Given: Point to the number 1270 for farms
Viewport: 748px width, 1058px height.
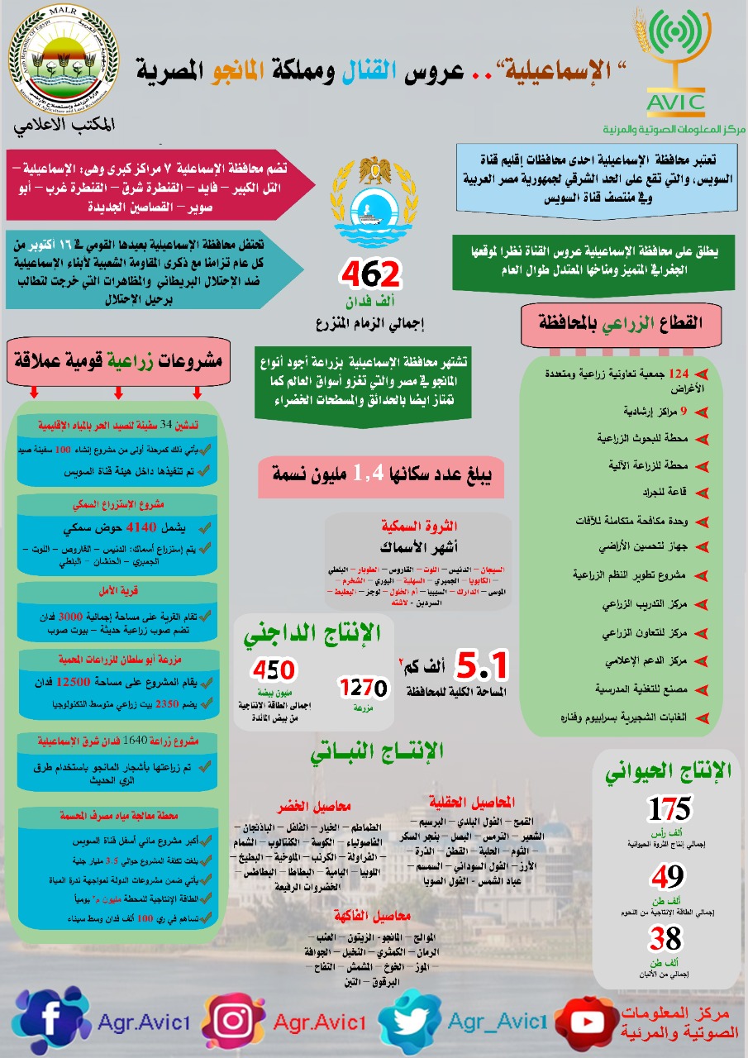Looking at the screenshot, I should [363, 687].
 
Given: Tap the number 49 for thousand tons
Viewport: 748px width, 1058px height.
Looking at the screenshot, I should [666, 875].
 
